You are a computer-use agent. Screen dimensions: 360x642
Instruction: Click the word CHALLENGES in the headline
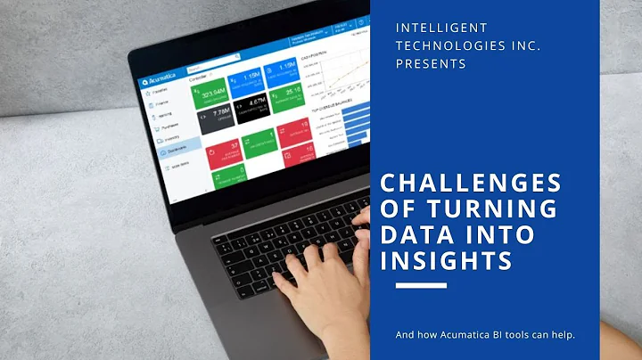[x=472, y=184]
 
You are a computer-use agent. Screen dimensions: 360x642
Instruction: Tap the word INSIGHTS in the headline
[x=446, y=260]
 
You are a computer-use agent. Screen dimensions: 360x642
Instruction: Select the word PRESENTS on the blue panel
[x=431, y=64]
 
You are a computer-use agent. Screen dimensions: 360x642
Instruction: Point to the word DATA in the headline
[x=416, y=234]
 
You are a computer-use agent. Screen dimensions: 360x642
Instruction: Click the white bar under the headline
[x=420, y=286]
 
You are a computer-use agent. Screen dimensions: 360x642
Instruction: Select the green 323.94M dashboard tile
[x=213, y=91]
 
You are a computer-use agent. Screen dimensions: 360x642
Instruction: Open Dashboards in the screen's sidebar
[x=174, y=152]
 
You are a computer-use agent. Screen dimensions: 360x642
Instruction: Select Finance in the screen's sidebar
[x=164, y=104]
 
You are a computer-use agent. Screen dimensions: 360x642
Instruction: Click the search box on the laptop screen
[x=214, y=65]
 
